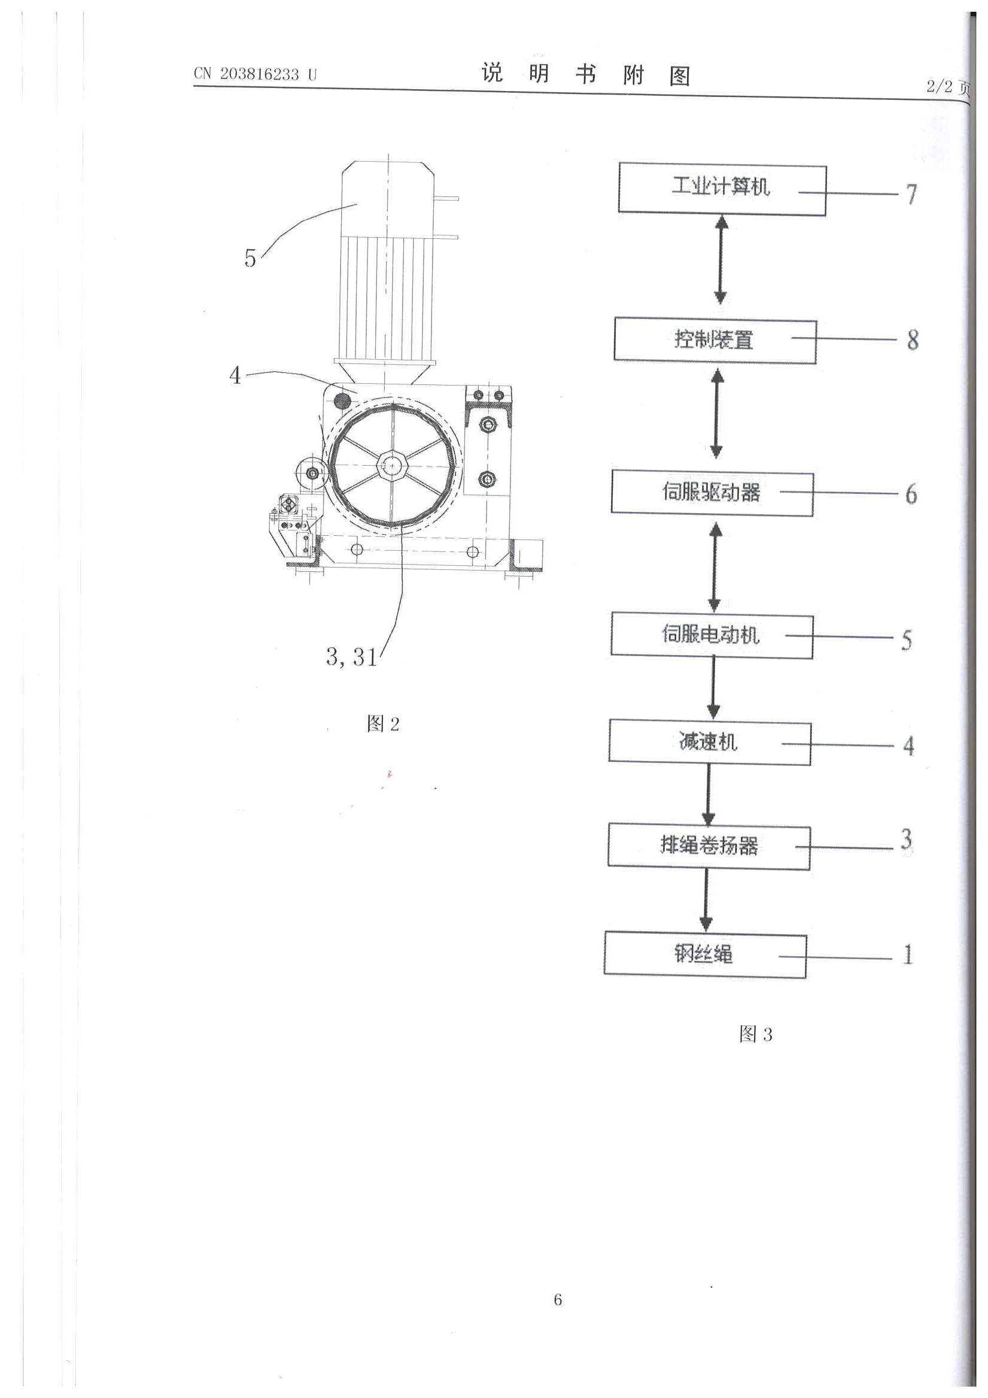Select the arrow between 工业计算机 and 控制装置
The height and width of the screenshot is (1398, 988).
[721, 259]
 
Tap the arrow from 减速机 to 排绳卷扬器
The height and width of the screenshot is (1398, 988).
[709, 794]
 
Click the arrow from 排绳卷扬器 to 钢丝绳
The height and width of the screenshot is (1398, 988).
[706, 900]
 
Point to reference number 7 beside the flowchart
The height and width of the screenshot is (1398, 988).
[911, 194]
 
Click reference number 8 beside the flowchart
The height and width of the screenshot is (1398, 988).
[913, 339]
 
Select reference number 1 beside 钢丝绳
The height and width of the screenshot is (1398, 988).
[908, 954]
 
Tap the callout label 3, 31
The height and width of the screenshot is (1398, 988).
[351, 656]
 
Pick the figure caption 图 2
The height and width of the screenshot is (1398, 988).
[383, 724]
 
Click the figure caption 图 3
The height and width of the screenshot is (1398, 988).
[755, 1034]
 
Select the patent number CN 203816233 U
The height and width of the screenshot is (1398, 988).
[255, 74]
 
